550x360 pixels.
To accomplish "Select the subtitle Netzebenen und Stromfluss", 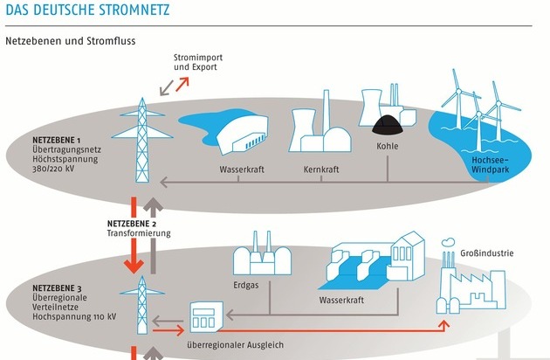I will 71,41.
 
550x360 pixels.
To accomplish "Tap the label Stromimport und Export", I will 197,62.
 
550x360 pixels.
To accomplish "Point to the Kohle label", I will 387,146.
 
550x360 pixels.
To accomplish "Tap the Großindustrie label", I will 486,255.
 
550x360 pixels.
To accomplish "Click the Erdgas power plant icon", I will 258,257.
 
